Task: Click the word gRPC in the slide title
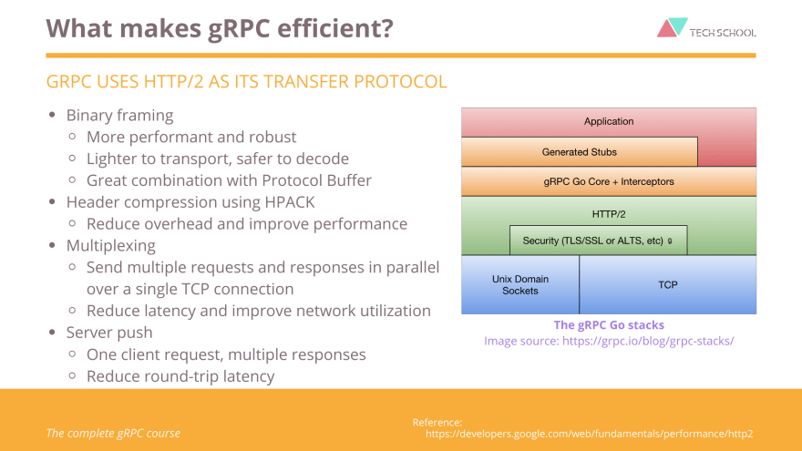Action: click(x=239, y=28)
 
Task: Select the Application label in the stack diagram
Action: click(x=609, y=121)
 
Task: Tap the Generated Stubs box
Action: click(x=579, y=152)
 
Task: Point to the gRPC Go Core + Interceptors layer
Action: click(x=609, y=181)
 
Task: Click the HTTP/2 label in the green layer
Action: click(x=609, y=214)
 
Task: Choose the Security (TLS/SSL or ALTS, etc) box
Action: click(x=599, y=241)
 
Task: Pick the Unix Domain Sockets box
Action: click(x=520, y=285)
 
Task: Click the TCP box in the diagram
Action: click(x=668, y=285)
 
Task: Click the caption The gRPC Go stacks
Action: click(x=609, y=324)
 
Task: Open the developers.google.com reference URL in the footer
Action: click(x=590, y=434)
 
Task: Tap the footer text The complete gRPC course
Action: click(x=113, y=433)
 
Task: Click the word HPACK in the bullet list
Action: click(x=290, y=202)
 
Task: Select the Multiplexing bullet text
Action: click(x=111, y=246)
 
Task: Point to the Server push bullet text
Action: click(x=109, y=333)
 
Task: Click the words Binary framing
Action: click(x=119, y=116)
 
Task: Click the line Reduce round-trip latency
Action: click(x=180, y=376)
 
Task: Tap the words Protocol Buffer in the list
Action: click(x=316, y=180)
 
